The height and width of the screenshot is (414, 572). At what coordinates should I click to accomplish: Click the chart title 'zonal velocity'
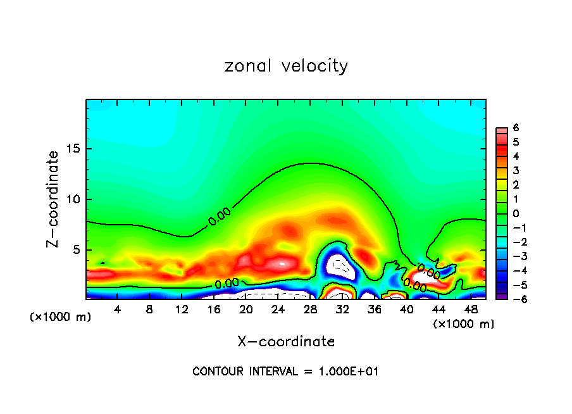(x=286, y=66)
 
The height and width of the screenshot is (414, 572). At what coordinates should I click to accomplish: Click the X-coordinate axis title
(x=286, y=341)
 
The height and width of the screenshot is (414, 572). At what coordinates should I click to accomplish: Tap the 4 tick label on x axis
(x=118, y=310)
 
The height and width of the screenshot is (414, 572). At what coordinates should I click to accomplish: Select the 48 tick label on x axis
(x=470, y=310)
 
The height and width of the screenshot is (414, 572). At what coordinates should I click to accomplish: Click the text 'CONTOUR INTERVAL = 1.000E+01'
(x=285, y=372)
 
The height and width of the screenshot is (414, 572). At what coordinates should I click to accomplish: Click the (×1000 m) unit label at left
(x=61, y=317)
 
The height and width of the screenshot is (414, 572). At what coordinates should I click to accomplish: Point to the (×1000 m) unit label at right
(x=464, y=324)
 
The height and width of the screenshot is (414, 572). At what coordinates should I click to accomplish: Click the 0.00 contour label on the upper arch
(x=220, y=216)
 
